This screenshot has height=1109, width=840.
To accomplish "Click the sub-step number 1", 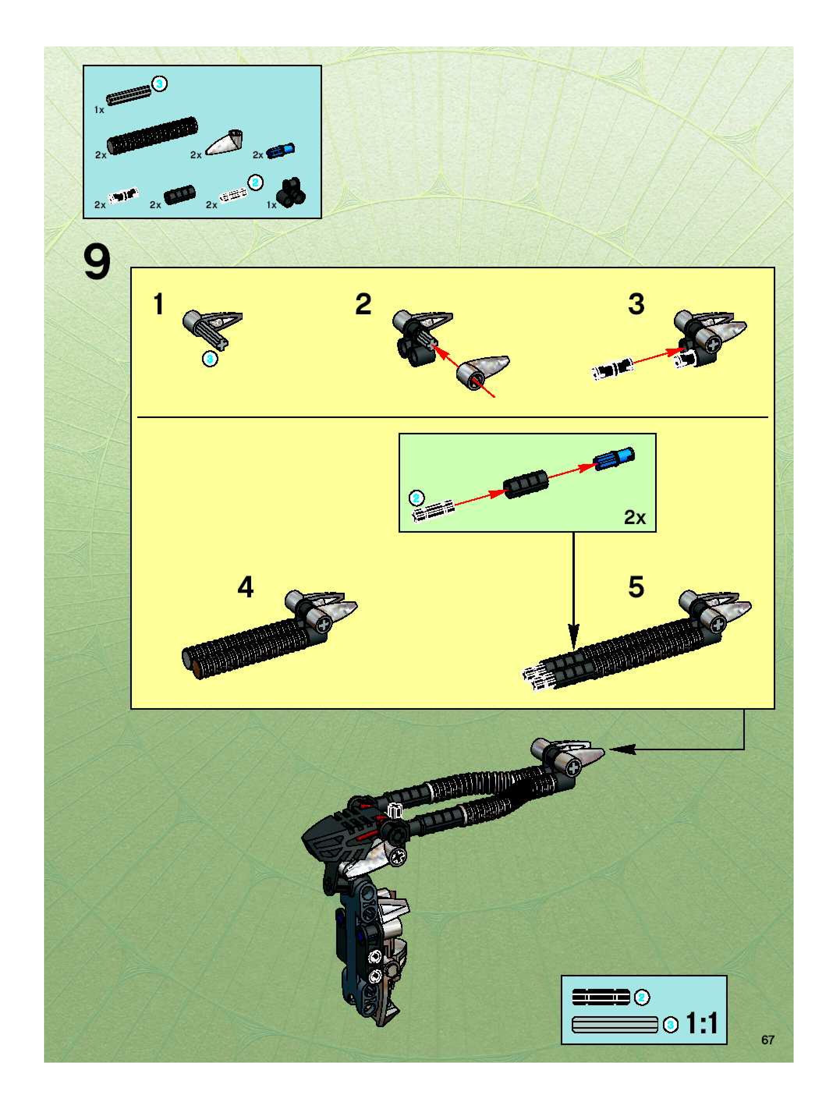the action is click(158, 304).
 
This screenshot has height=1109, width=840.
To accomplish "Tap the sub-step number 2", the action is click(363, 304).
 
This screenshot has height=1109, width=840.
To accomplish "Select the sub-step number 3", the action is click(636, 304).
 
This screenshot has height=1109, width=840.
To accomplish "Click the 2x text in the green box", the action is click(634, 517).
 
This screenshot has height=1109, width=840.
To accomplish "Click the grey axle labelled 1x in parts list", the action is click(128, 95).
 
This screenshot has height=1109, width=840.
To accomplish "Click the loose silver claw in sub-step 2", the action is click(483, 372).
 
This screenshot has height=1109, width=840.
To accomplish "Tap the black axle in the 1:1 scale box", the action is click(601, 997).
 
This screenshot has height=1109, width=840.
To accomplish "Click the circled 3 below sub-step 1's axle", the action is click(210, 359).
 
